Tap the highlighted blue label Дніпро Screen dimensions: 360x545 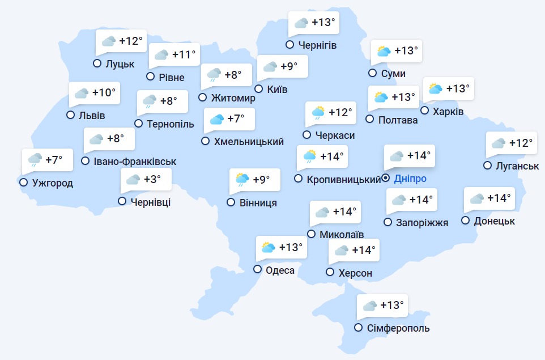pos(410,179)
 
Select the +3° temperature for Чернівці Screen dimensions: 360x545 pos(152,179)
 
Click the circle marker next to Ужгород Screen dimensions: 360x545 pos(23,183)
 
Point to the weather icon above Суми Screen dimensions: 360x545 pos(384,51)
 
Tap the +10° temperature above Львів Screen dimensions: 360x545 pos(104,92)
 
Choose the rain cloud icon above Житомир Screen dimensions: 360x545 pos(214,74)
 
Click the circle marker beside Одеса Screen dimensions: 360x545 pos(258,270)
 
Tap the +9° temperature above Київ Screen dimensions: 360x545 pos(289,66)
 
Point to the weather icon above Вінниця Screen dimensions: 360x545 pos(242,180)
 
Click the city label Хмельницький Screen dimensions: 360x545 pos(249,142)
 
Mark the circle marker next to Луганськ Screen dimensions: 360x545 pos(487,166)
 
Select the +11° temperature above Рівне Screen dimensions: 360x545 pos(184,54)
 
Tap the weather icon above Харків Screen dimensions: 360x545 pos(435,88)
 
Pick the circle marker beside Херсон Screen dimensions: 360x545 pos(330,272)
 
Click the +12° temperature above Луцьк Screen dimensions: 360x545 pos(131,41)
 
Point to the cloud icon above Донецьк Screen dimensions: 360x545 pos(477,198)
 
